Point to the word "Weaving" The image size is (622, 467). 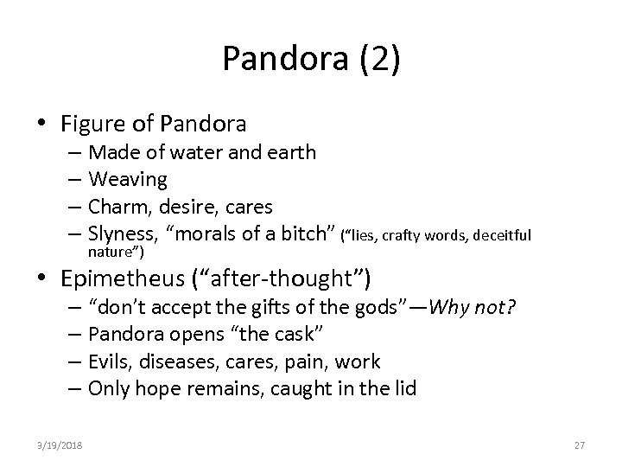click(x=128, y=180)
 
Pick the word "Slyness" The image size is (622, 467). click(x=123, y=235)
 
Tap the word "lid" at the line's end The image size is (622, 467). click(x=403, y=389)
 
